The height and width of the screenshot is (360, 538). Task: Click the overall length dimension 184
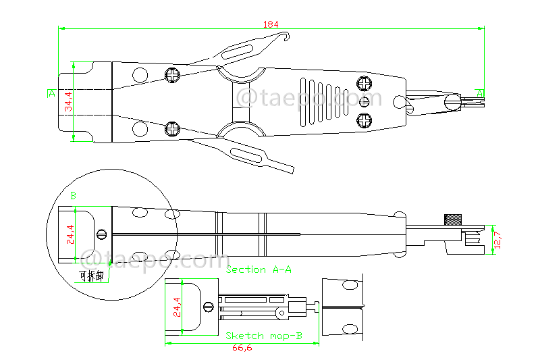(x=271, y=24)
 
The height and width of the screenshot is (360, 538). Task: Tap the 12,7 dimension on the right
(x=498, y=239)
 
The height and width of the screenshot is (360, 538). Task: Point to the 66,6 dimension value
(x=242, y=349)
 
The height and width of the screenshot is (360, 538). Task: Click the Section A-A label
(x=259, y=269)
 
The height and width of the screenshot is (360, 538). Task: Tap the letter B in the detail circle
(x=73, y=196)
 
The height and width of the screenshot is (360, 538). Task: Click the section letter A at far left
(x=51, y=93)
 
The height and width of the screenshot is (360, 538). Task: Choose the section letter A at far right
(x=480, y=93)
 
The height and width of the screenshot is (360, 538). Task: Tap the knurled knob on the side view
(x=452, y=220)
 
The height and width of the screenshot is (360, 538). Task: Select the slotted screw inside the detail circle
(x=102, y=234)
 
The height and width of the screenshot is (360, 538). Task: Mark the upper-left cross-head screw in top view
(x=173, y=74)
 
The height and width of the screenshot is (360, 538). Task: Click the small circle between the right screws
(x=365, y=102)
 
